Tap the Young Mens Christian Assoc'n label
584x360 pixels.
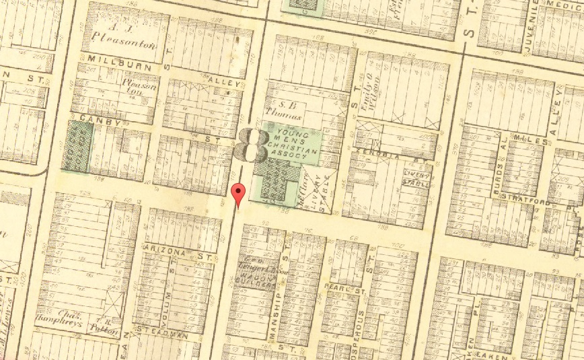[x=293, y=143]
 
